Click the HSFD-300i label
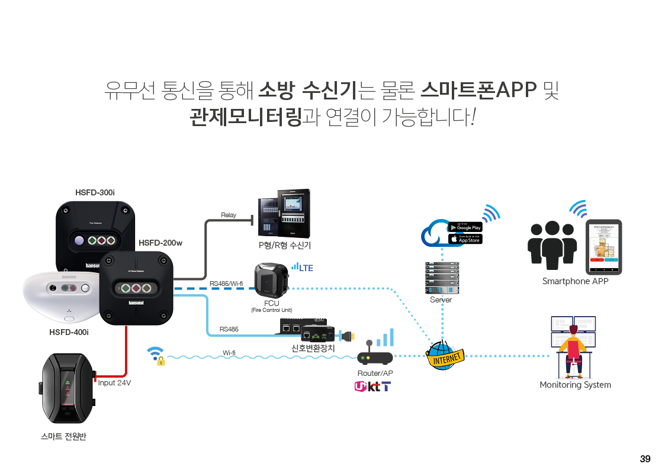pos(95,192)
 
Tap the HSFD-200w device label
pos(160,243)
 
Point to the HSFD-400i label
pos(69,332)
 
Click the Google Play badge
pos(465,227)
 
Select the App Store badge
pos(465,239)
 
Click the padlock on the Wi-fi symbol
pos(160,360)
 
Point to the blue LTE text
pos(306,268)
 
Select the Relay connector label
pos(229,215)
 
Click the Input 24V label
pos(114,383)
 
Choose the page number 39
pos(645,459)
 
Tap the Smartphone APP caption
pos(575,281)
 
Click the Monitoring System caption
pos(575,385)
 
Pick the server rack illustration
pos(441,278)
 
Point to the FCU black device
pos(271,281)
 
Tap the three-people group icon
pos(552,245)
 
